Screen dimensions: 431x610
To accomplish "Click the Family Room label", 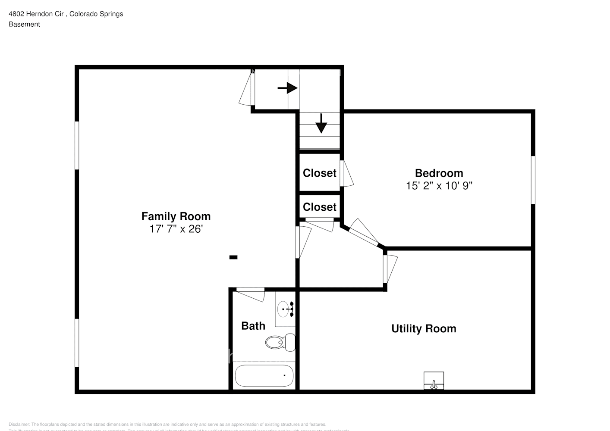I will click(176, 216).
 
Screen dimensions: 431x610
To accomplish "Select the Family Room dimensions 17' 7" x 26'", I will click(176, 229).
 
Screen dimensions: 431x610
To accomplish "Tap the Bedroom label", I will click(439, 173).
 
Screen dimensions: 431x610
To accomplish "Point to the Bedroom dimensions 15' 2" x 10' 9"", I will click(439, 186).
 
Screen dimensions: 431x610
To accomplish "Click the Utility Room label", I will click(424, 328).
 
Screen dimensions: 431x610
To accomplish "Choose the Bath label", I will click(253, 326).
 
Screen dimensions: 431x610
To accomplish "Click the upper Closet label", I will click(319, 173).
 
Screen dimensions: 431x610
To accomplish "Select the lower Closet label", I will click(319, 207).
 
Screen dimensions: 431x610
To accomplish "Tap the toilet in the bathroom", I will click(280, 342).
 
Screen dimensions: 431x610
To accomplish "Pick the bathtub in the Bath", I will click(264, 376).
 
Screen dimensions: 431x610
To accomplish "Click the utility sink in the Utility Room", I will click(434, 381).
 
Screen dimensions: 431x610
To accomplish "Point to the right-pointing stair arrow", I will click(288, 88).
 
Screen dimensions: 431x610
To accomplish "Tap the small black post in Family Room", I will click(233, 257).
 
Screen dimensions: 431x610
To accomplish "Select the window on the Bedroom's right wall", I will click(533, 180).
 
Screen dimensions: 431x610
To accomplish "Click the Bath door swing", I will click(251, 294).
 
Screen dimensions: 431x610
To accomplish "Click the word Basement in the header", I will click(24, 24).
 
